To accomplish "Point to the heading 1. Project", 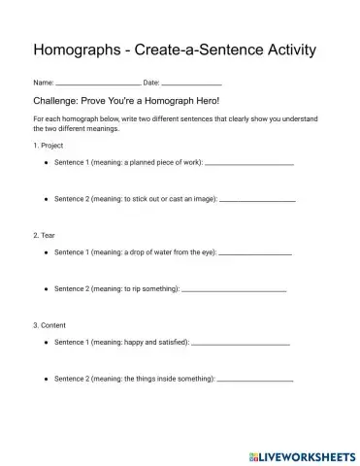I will point(48,146).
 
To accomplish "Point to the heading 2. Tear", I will point(43,234).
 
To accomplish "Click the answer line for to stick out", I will point(258,199).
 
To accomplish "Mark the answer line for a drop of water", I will point(255,253).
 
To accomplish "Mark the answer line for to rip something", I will point(234,289).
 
